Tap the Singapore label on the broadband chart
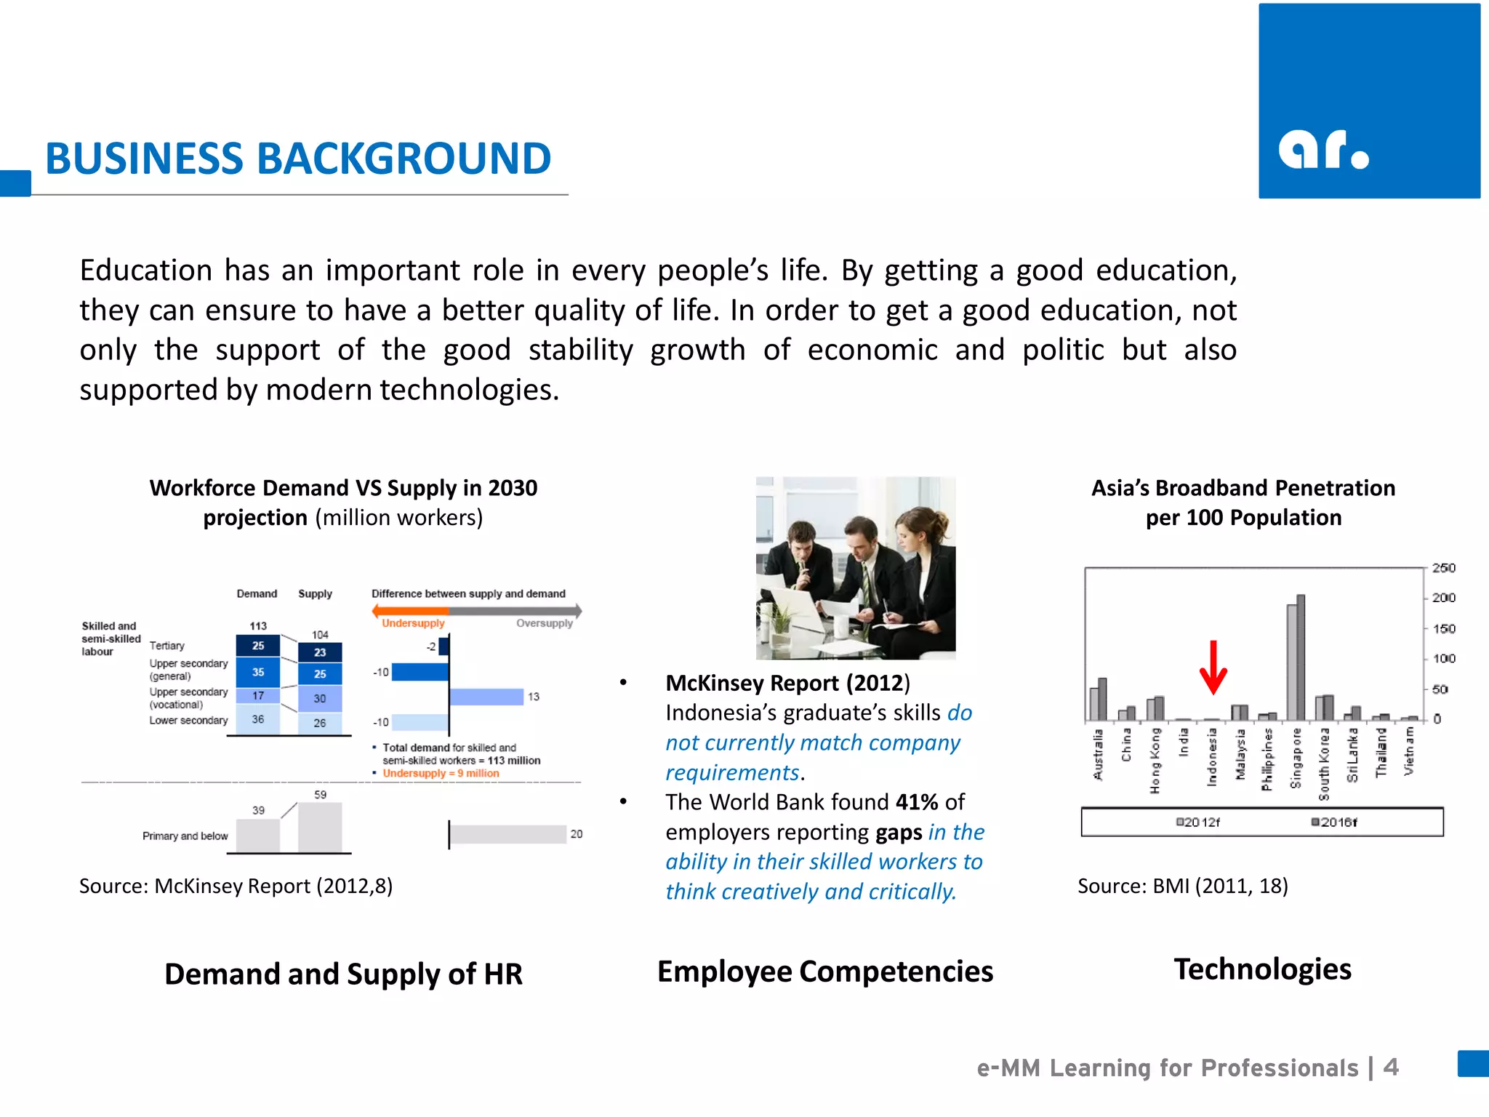tap(1296, 758)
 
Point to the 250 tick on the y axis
tap(1443, 568)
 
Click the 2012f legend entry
tap(1198, 822)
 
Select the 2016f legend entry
tap(1334, 822)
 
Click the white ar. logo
tap(1323, 150)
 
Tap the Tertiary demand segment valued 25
tap(258, 646)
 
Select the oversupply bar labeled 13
tap(486, 697)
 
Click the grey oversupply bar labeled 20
tap(507, 834)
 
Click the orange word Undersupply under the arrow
tap(413, 623)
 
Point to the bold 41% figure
tap(917, 802)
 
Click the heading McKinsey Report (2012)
tap(787, 683)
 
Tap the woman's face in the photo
tap(913, 532)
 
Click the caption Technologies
tap(1262, 969)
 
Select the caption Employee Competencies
tap(825, 972)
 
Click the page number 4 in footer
tap(1390, 1067)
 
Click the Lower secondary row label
tap(188, 721)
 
